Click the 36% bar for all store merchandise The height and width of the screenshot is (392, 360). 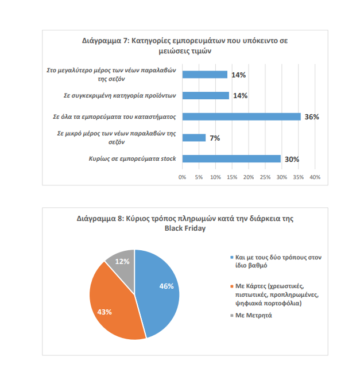(x=241, y=117)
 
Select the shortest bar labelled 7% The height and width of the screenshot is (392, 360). (x=193, y=138)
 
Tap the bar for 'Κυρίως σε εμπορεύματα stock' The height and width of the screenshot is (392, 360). (x=231, y=159)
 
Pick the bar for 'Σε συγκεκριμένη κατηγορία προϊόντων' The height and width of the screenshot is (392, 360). (x=206, y=95)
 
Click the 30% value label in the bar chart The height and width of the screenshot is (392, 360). (x=292, y=159)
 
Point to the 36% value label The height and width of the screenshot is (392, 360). (x=312, y=117)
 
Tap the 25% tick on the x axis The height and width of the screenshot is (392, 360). (x=265, y=177)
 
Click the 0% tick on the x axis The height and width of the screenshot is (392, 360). (x=183, y=177)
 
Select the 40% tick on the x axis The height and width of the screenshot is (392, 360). (x=315, y=177)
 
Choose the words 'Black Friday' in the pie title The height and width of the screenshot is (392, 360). (x=184, y=228)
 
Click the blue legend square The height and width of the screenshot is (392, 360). (x=231, y=258)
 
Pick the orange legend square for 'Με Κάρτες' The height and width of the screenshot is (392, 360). (x=231, y=285)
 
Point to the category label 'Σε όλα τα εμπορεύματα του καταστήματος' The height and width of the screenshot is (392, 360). (x=114, y=117)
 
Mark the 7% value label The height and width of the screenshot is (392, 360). (x=215, y=138)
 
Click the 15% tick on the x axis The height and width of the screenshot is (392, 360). (x=232, y=177)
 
